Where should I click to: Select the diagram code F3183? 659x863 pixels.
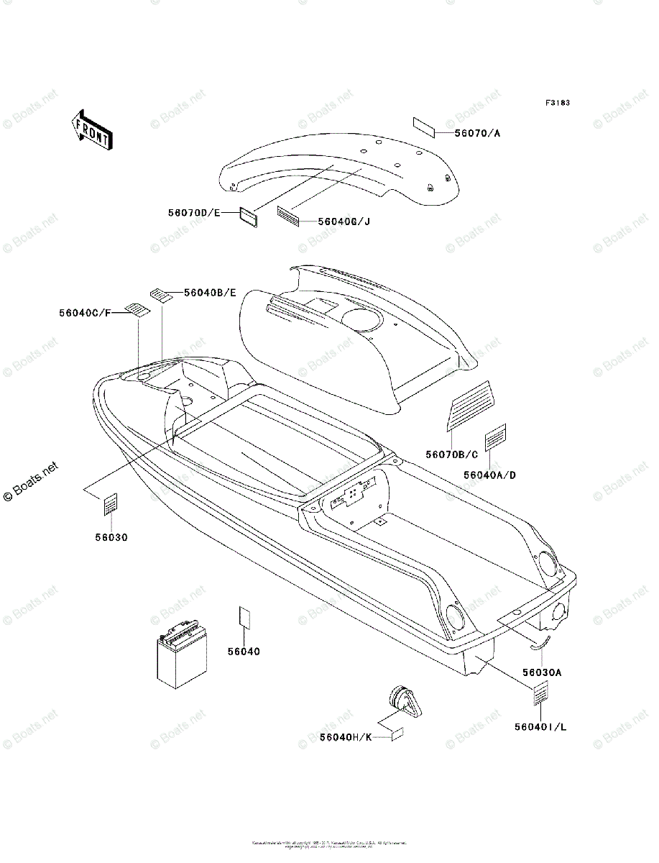tap(557, 104)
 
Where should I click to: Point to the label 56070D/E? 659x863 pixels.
tap(193, 212)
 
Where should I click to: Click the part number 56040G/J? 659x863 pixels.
tap(343, 221)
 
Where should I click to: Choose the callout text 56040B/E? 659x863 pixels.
tap(210, 292)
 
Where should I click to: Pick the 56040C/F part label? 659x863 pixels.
tap(86, 313)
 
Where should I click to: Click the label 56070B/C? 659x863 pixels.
tap(451, 454)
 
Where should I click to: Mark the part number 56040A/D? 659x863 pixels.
tap(489, 475)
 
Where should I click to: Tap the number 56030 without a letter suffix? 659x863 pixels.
tap(110, 537)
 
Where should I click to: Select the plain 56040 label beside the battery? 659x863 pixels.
tap(244, 652)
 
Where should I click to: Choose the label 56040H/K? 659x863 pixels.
tap(346, 737)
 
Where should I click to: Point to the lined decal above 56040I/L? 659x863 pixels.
tap(540, 695)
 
